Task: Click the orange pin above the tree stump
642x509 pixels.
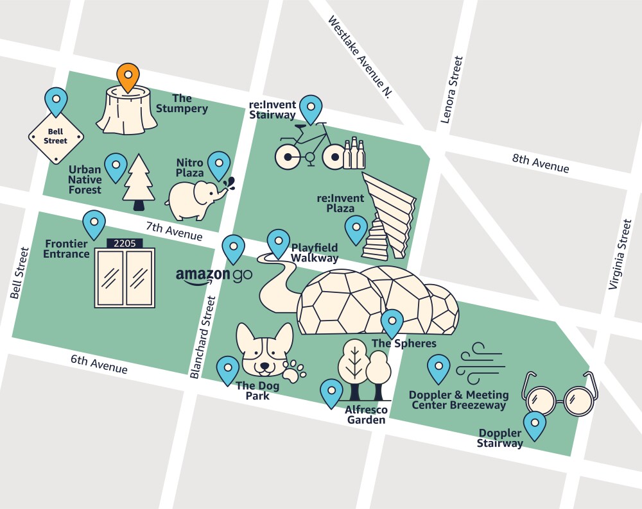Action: (128, 76)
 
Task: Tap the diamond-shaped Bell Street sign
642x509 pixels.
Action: (56, 137)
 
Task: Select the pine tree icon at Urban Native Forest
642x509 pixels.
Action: (139, 182)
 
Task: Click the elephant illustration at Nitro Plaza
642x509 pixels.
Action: (195, 199)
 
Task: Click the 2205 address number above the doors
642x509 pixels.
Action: (125, 244)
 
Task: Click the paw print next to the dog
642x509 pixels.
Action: (295, 371)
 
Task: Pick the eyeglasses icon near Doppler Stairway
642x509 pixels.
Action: (559, 395)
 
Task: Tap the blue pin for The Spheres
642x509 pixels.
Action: (392, 322)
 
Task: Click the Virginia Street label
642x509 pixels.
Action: (620, 254)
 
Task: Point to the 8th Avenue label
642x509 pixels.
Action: (540, 163)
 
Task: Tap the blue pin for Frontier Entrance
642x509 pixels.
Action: (94, 224)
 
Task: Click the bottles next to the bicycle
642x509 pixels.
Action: (354, 153)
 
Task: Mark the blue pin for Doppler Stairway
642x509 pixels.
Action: (534, 424)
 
